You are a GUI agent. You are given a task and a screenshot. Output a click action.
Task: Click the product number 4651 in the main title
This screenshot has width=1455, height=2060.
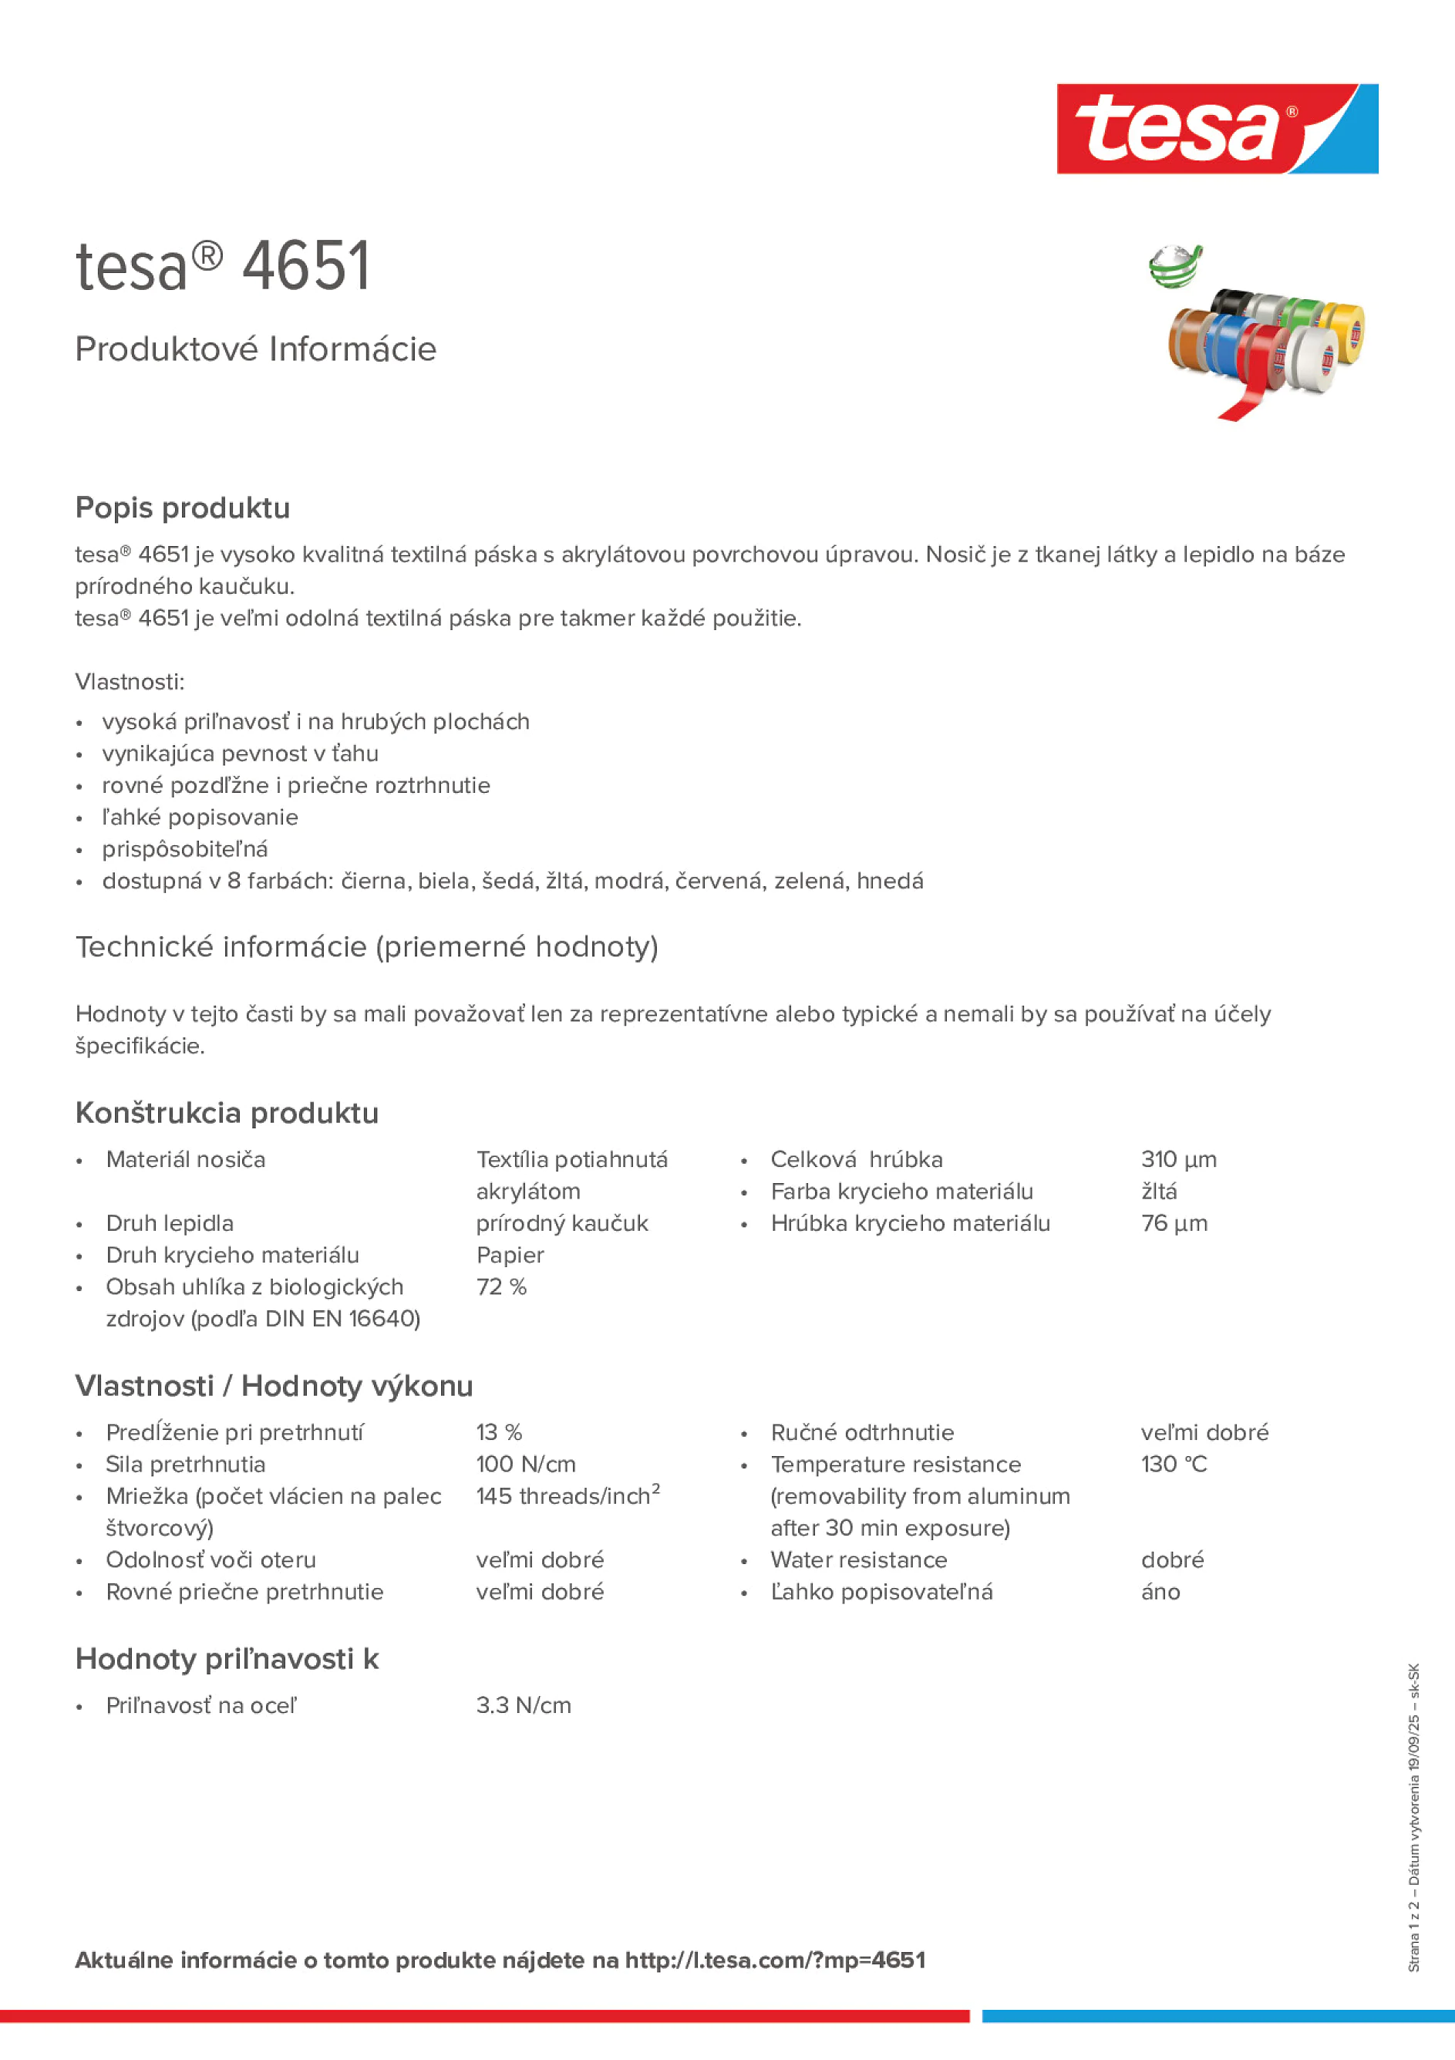(x=306, y=267)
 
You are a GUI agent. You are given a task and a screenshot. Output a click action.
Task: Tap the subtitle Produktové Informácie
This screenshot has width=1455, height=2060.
(x=256, y=349)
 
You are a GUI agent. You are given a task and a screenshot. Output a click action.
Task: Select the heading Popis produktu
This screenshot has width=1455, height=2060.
(x=182, y=507)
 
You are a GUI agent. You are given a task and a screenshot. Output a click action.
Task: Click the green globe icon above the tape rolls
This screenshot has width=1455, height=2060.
(x=1175, y=267)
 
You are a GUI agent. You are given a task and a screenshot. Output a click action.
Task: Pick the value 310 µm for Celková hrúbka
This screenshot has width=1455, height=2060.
(x=1178, y=1159)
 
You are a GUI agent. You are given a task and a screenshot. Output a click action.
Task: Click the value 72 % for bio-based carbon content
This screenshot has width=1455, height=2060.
(x=500, y=1286)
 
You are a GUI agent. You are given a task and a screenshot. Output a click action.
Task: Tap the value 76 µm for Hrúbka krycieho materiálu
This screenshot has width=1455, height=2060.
(x=1174, y=1223)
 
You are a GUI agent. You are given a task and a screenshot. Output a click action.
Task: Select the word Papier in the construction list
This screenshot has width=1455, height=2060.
(x=510, y=1254)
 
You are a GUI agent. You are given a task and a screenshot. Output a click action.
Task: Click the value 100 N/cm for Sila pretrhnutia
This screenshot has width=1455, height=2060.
(x=526, y=1465)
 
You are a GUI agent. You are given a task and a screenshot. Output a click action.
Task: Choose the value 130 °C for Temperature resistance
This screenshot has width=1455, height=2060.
(x=1174, y=1465)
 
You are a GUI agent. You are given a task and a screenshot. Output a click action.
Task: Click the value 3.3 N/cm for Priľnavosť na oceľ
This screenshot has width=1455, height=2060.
(x=523, y=1704)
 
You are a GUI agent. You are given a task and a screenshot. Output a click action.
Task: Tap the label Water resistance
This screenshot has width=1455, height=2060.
(x=858, y=1559)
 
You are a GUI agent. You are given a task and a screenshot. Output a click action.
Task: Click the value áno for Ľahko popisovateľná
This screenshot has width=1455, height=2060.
(x=1160, y=1592)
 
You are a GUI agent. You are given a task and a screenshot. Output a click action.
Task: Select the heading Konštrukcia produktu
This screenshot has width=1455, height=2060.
(x=227, y=1113)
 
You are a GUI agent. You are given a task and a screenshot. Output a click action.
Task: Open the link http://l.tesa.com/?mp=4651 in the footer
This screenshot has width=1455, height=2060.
(x=775, y=1960)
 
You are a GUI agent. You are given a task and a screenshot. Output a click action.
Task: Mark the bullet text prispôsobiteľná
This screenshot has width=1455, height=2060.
(x=185, y=849)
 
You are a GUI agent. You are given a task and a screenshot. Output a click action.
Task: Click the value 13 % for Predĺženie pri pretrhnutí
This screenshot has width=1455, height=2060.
(x=499, y=1432)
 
